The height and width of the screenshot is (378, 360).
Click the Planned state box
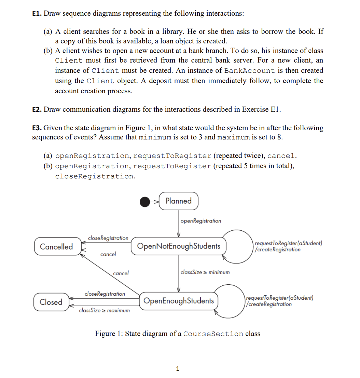pyautogui.click(x=178, y=201)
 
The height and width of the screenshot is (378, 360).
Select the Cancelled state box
pyautogui.click(x=56, y=247)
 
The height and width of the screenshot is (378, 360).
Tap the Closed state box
pyautogui.click(x=51, y=302)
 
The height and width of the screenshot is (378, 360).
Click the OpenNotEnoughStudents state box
pyautogui.click(x=179, y=246)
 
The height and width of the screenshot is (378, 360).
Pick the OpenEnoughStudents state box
pyautogui.click(x=179, y=301)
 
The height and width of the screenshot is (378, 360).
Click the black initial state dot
pyautogui.click(x=145, y=202)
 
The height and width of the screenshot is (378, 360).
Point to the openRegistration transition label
pyautogui.click(x=200, y=221)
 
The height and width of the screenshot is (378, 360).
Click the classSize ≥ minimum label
pyautogui.click(x=205, y=272)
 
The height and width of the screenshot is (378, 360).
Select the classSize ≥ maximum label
pyautogui.click(x=104, y=311)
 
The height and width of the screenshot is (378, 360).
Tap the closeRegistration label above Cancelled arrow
pyautogui.click(x=108, y=238)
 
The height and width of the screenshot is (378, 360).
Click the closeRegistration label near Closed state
pyautogui.click(x=105, y=294)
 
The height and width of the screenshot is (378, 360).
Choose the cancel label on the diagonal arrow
pyautogui.click(x=121, y=273)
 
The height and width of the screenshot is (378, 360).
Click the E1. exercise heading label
pyautogui.click(x=37, y=14)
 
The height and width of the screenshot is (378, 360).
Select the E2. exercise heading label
pyautogui.click(x=37, y=110)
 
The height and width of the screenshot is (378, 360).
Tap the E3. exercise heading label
pyautogui.click(x=37, y=128)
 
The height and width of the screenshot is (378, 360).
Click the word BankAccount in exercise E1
pyautogui.click(x=249, y=71)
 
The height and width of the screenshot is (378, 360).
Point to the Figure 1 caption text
pyautogui.click(x=177, y=334)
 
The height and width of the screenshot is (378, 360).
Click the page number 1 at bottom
pyautogui.click(x=177, y=369)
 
